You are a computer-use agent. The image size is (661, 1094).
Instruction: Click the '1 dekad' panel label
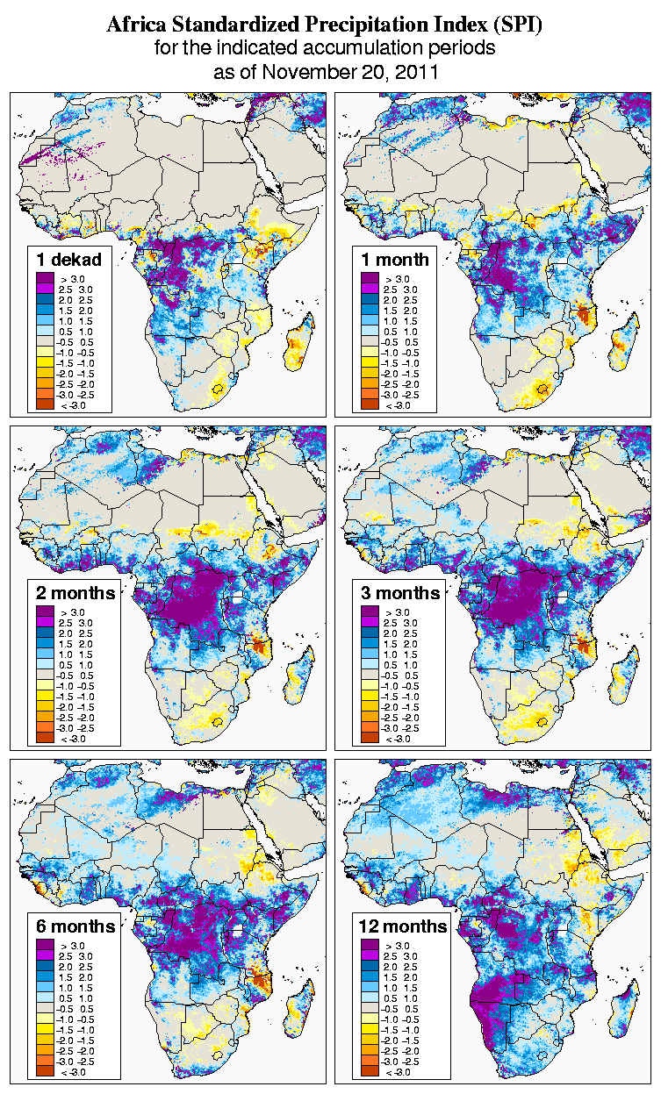[69, 259]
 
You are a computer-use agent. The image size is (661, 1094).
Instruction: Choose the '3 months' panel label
[400, 592]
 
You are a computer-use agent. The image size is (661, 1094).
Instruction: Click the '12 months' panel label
[403, 926]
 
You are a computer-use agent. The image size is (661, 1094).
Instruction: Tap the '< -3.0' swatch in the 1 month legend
[370, 404]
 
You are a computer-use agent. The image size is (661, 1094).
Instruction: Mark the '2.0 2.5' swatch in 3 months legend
[370, 633]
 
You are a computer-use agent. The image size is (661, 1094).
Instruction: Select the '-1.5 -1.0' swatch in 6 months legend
[45, 1030]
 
